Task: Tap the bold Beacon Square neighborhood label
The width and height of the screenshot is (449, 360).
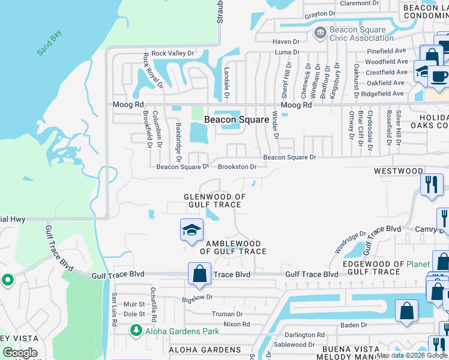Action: coord(237,119)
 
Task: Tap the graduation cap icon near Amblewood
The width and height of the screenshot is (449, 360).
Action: coord(191,230)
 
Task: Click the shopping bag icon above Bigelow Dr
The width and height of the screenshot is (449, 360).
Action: coord(199,274)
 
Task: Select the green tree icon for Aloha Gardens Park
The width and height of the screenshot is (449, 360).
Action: coord(136,329)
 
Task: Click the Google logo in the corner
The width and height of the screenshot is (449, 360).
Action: coord(19,353)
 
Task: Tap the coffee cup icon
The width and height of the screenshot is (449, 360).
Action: coord(438,76)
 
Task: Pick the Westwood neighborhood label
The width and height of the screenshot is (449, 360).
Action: coord(399,171)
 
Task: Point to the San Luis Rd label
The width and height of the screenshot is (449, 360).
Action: coord(113,309)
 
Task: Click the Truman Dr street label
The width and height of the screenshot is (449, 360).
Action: coord(227,314)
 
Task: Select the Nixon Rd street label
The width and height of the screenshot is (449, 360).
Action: coord(237,324)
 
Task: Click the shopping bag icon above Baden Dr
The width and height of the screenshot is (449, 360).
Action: coord(407,311)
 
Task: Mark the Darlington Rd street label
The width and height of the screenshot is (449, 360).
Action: coord(304,335)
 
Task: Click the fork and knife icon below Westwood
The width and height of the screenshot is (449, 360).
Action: coord(430,184)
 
